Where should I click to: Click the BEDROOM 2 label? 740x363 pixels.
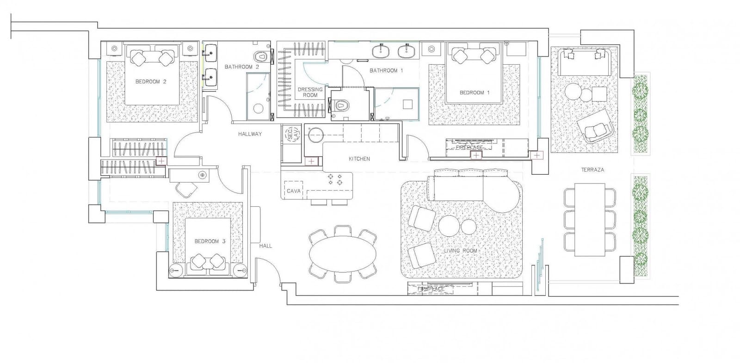pyautogui.click(x=151, y=82)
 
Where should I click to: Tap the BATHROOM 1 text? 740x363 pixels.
pyautogui.click(x=386, y=71)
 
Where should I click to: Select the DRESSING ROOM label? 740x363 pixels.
pyautogui.click(x=310, y=92)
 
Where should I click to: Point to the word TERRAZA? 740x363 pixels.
pyautogui.click(x=592, y=170)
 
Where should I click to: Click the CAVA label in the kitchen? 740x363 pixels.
pyautogui.click(x=294, y=191)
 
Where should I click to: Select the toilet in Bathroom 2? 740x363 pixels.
pyautogui.click(x=262, y=55)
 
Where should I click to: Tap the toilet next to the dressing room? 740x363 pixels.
pyautogui.click(x=341, y=106)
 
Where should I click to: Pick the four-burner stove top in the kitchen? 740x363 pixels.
pyautogui.click(x=335, y=179)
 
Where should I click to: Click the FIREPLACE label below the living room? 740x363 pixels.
pyautogui.click(x=431, y=289)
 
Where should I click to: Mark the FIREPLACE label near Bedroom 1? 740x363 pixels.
pyautogui.click(x=469, y=148)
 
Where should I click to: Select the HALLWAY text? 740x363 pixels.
pyautogui.click(x=250, y=134)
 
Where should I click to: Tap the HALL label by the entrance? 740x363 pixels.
pyautogui.click(x=265, y=246)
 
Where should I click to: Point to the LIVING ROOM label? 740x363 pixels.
pyautogui.click(x=461, y=251)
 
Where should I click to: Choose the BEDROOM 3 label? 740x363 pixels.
pyautogui.click(x=210, y=241)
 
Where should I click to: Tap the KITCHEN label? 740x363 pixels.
pyautogui.click(x=359, y=159)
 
